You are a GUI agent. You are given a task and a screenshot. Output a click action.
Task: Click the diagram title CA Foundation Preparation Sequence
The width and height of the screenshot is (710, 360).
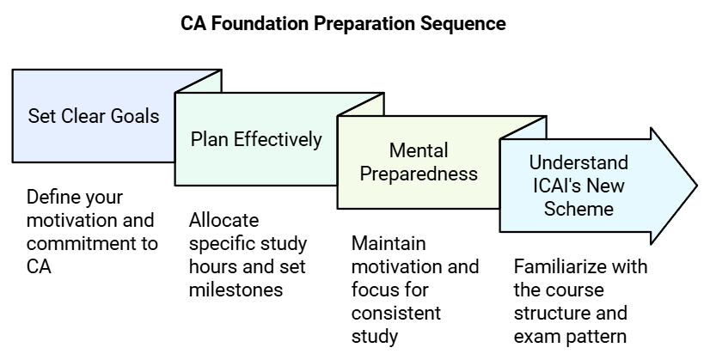pos(342,23)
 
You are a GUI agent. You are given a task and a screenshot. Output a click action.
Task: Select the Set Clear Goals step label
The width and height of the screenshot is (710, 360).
pos(93,116)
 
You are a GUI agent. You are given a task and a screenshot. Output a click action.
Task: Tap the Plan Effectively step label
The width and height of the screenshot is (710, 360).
pos(256,139)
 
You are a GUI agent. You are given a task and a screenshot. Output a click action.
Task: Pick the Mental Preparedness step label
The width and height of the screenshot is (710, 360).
pos(419,162)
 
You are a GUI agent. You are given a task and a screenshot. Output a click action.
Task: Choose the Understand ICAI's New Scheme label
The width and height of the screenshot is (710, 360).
pos(578,185)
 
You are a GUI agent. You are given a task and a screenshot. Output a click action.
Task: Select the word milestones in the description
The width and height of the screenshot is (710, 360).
pos(236,290)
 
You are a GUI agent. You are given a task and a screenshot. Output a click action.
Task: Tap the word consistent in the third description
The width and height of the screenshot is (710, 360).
pos(395,313)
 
